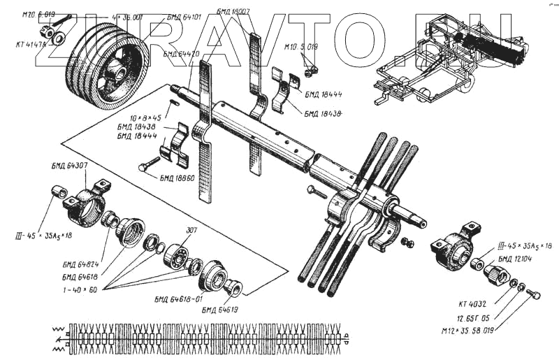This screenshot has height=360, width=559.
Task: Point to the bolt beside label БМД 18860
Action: [150, 167]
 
